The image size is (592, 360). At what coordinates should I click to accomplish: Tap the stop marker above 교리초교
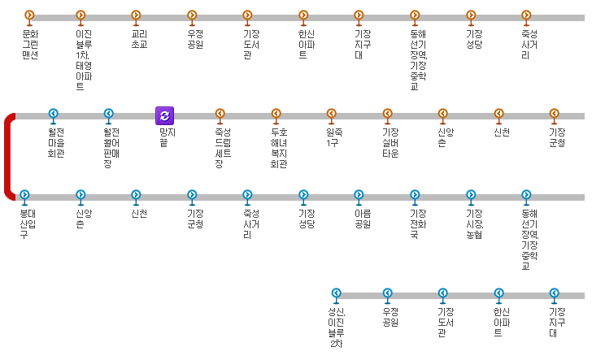[x=136, y=15]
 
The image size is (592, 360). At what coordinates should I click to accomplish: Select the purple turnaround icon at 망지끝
[x=164, y=115]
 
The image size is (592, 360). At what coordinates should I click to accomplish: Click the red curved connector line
[x=8, y=156]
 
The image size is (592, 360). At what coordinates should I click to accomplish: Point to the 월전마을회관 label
[x=55, y=141]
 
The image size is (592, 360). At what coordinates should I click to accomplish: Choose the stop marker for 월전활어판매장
[x=109, y=115]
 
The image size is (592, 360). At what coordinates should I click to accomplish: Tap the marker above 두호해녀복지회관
[x=276, y=115]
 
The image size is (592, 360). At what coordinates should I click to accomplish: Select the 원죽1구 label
[x=332, y=137]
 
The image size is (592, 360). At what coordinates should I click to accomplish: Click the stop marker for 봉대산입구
[x=24, y=195]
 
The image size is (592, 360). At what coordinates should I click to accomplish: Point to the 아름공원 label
[x=359, y=218]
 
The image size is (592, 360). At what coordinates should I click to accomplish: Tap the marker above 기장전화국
[x=415, y=195]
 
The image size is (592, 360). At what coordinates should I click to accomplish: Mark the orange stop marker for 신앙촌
[x=443, y=115]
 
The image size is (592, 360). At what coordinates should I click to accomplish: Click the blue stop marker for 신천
[x=136, y=195]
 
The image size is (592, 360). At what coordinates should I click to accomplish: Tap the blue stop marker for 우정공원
[x=387, y=293]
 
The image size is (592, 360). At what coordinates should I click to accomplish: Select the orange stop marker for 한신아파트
[x=303, y=15]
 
